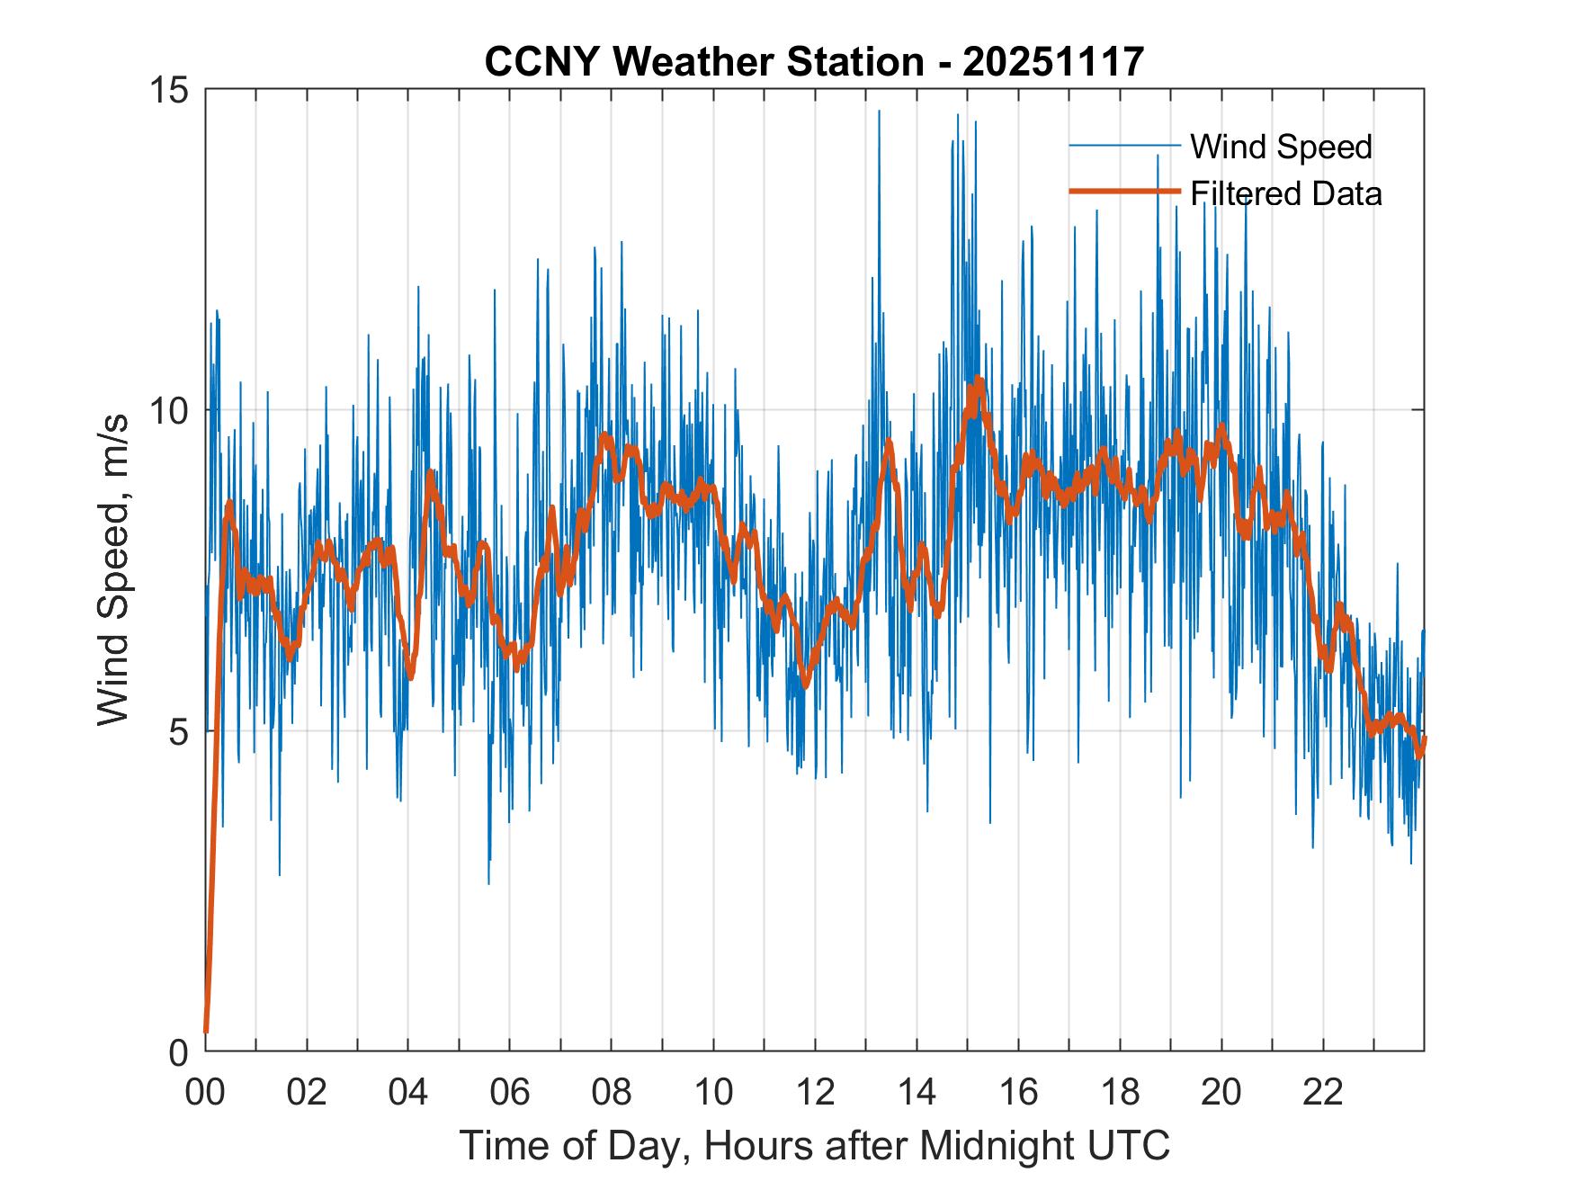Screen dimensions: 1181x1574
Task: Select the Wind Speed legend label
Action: click(1281, 147)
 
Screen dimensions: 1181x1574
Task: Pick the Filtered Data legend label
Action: click(1285, 193)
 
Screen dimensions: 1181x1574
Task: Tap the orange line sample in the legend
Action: click(1123, 192)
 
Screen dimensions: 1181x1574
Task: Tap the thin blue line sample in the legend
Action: click(1123, 146)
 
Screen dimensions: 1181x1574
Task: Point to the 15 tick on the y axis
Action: click(169, 90)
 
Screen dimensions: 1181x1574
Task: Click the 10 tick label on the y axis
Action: click(169, 411)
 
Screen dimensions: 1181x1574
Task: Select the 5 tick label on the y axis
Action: click(178, 731)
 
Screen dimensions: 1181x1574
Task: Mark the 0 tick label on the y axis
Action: click(178, 1051)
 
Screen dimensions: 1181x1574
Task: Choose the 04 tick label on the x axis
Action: click(408, 1092)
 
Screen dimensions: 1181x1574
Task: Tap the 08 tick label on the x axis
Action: click(612, 1092)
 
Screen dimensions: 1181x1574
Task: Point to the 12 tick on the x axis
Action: click(815, 1092)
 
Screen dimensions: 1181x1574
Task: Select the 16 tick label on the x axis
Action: click(1018, 1092)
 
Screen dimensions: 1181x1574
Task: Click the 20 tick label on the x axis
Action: click(1221, 1092)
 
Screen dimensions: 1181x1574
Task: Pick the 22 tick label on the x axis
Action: click(1323, 1092)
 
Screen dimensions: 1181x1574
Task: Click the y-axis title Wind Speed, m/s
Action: click(114, 570)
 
